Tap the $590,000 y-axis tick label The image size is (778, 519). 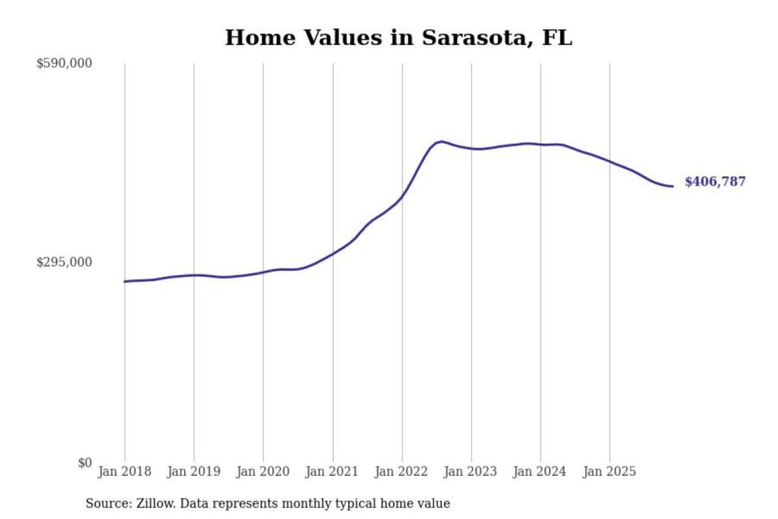(64, 63)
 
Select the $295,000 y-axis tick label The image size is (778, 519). (64, 262)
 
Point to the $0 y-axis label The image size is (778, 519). (85, 463)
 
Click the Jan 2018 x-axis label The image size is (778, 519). (124, 471)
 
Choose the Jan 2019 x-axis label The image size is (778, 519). (194, 471)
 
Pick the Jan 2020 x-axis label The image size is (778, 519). (263, 471)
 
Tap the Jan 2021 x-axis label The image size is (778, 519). (332, 471)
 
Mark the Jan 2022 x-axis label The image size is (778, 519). (401, 471)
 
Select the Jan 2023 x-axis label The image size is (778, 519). (471, 471)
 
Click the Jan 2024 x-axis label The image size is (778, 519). (540, 471)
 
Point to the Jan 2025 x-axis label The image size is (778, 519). (609, 471)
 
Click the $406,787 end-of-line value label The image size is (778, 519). (715, 182)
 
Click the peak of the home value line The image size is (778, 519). (442, 142)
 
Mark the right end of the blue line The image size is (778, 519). (673, 187)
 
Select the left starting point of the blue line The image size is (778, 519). (125, 281)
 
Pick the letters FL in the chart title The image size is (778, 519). (556, 38)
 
